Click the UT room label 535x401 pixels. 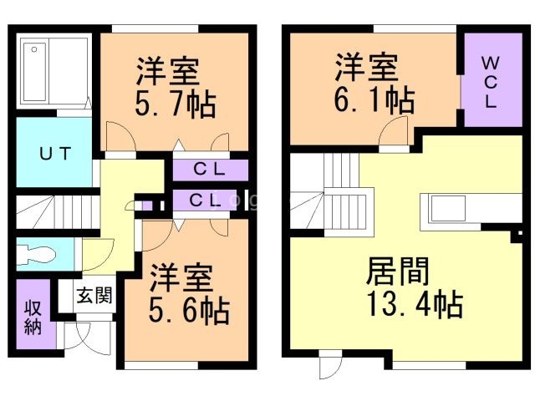[55, 153]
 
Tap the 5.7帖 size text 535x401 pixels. [176, 104]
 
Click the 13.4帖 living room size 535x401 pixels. [415, 303]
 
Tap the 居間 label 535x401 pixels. [398, 271]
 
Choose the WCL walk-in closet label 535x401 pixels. [491, 82]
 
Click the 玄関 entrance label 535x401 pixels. [94, 295]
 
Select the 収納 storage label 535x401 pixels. [33, 317]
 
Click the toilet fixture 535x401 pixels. [36, 254]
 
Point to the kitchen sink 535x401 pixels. [448, 208]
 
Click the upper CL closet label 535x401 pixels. [209, 169]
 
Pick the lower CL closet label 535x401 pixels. [205, 200]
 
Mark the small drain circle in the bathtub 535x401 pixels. [34, 50]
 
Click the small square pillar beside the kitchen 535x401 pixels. [520, 234]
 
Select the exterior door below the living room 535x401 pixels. [331, 364]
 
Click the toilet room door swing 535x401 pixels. [98, 255]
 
